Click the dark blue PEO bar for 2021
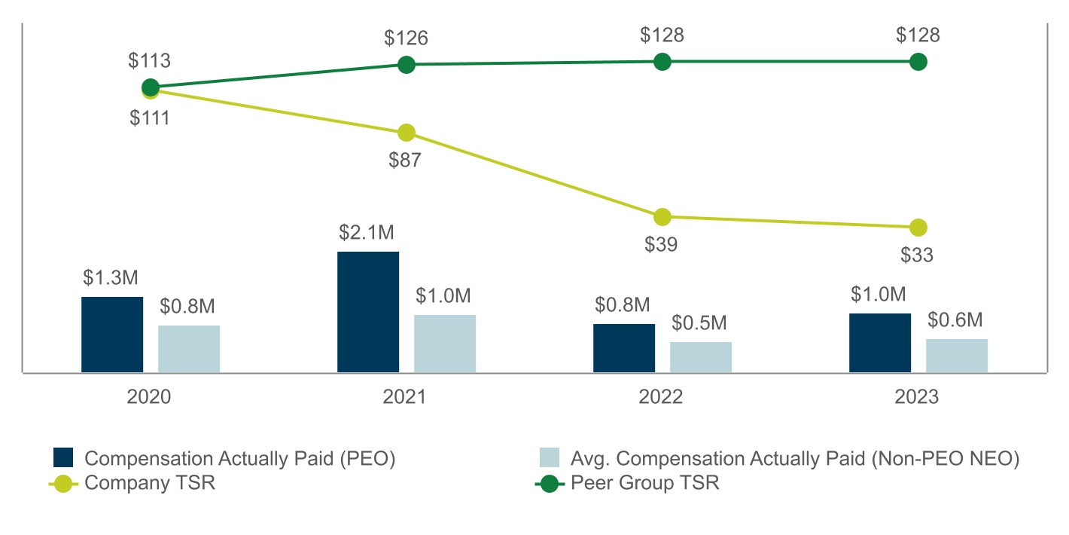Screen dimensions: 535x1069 point(368,312)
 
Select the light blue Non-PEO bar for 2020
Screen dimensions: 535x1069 point(189,349)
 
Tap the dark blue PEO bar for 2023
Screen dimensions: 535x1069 point(880,343)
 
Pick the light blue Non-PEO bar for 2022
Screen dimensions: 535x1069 point(701,357)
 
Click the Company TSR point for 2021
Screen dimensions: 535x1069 point(407,133)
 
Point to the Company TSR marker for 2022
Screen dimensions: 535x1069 point(662,217)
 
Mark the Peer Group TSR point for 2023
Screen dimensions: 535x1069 point(918,62)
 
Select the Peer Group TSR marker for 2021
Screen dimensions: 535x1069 point(407,65)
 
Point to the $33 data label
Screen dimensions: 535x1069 point(918,255)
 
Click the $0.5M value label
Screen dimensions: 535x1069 point(699,323)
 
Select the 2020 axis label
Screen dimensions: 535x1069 point(150,397)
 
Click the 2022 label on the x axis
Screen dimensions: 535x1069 point(662,397)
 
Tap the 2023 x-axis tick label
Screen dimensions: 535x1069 point(918,397)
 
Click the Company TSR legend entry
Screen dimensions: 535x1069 point(150,483)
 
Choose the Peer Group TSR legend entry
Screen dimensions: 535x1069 point(644,483)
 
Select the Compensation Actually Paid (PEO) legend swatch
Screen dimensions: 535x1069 point(63,458)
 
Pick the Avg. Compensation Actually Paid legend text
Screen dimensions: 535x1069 point(795,458)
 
